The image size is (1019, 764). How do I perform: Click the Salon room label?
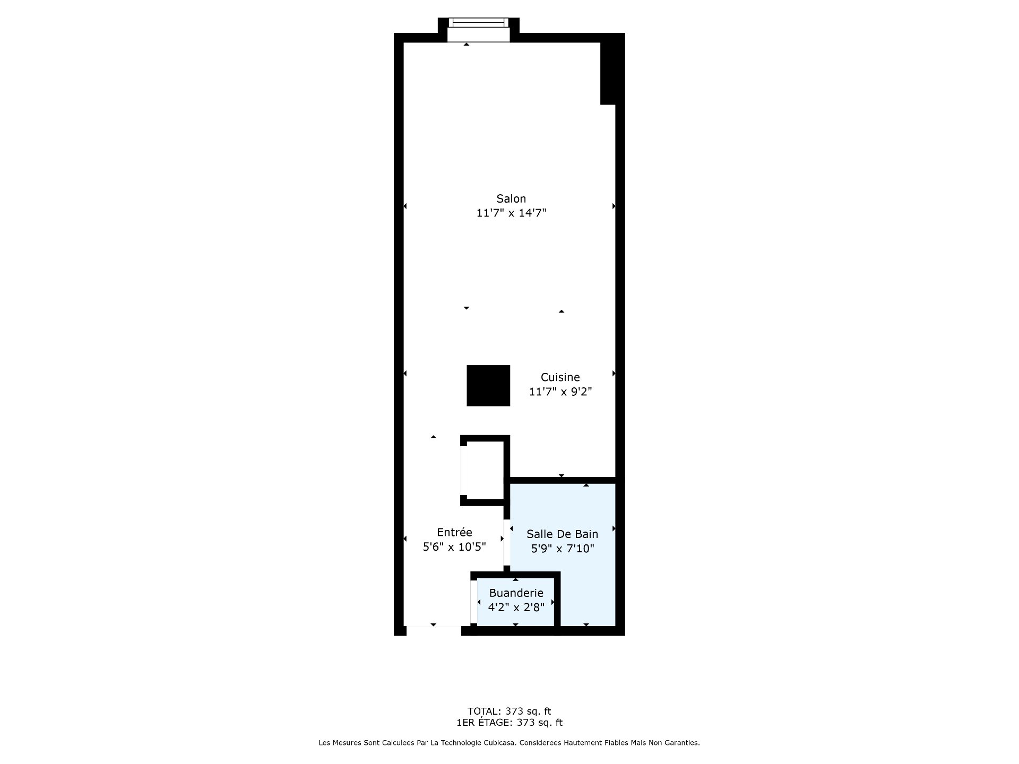(511, 198)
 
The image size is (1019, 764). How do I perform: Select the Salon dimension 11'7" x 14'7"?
(511, 213)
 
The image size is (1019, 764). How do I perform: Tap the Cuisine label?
(560, 377)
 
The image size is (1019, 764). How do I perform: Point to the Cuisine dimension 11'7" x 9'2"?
(560, 392)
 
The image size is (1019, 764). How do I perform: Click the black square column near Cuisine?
(488, 386)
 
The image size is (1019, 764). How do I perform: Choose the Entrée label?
(454, 532)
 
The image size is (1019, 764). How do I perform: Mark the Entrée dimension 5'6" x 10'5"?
(454, 546)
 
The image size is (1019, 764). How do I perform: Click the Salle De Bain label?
(562, 534)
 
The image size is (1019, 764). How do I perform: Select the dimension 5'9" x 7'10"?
(563, 548)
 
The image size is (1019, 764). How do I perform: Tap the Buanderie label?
(516, 593)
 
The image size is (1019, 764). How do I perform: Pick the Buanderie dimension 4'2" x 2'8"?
(516, 607)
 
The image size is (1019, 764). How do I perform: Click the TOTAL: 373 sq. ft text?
(509, 711)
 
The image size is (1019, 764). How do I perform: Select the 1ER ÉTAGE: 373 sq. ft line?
(509, 723)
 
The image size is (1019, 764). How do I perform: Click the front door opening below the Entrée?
(434, 631)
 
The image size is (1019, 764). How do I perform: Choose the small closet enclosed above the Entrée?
(482, 471)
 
